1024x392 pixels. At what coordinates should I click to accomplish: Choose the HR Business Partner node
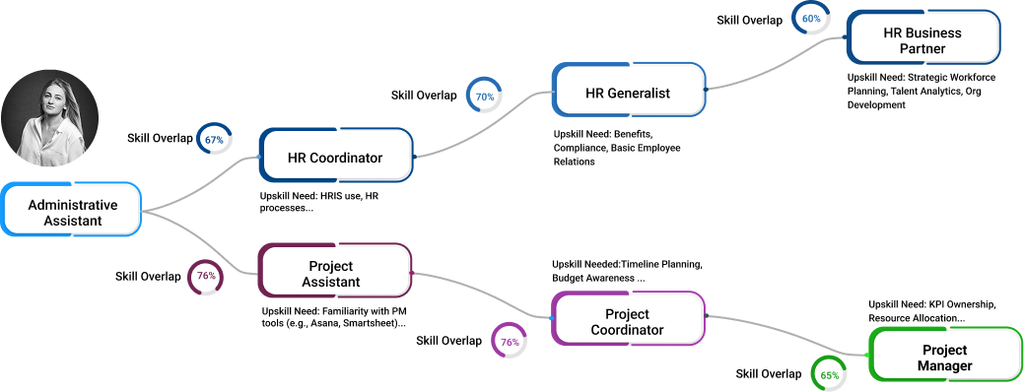click(922, 40)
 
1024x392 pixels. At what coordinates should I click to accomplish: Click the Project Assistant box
click(334, 274)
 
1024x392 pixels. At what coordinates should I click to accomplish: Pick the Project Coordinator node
click(627, 322)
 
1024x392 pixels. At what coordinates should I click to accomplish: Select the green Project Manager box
click(943, 358)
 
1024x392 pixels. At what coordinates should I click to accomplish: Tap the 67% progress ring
click(214, 140)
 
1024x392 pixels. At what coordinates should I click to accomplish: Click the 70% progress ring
click(484, 97)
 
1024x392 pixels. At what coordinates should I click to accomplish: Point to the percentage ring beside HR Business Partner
click(811, 19)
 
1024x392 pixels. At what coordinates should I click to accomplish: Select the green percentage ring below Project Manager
click(829, 374)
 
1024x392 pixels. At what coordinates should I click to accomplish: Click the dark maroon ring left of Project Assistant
click(206, 277)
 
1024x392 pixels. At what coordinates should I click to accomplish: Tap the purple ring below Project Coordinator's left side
click(510, 341)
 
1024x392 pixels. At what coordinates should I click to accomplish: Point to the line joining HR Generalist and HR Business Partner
click(779, 67)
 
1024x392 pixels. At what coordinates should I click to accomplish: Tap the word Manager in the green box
click(944, 365)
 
